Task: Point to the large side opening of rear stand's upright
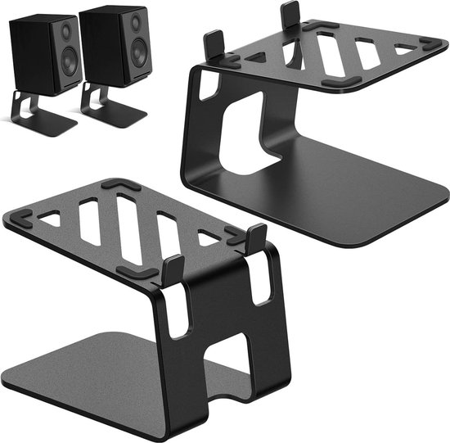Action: click(x=245, y=131)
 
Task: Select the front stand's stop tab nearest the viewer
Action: click(x=173, y=270)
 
